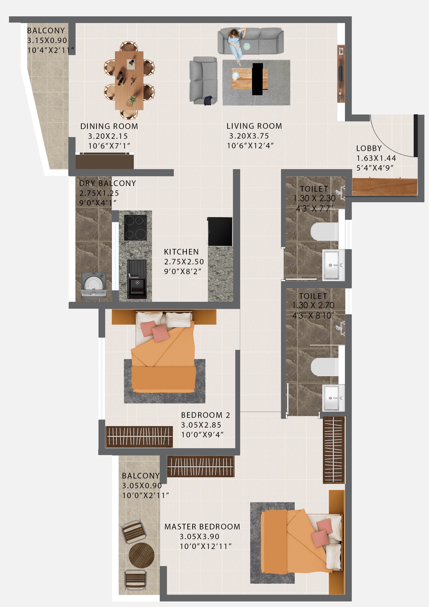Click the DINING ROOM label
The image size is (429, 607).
coord(109,126)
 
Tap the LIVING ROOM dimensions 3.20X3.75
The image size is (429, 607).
coord(249,136)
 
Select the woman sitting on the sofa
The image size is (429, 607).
coord(236,45)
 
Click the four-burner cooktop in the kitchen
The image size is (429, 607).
coord(135,228)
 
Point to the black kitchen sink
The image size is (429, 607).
coord(137,279)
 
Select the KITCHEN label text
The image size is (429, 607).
coord(181,252)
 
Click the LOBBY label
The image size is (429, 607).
coord(369,148)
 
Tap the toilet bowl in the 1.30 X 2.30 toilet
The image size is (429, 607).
coord(324,231)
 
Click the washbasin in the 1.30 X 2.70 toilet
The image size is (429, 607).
coord(333,397)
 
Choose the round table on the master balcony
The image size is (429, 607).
coord(141,555)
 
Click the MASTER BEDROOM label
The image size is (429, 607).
coord(202,527)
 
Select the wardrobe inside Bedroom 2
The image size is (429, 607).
coord(139,436)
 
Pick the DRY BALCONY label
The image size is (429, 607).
coord(108,183)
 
